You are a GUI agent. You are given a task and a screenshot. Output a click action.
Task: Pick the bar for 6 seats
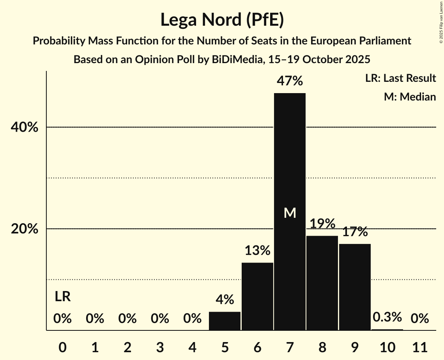257,296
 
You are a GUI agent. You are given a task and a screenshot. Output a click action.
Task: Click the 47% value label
290,81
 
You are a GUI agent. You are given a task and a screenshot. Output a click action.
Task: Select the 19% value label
322,224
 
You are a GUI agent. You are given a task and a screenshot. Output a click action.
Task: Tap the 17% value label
355,232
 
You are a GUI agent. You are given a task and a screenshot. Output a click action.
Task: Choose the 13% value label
257,250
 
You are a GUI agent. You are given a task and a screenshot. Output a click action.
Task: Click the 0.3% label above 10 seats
387,317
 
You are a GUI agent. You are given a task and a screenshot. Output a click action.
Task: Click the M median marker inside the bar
290,213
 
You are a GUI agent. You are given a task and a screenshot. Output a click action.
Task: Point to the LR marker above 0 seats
62,297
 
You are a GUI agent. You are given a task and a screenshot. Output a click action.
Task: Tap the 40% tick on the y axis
25,127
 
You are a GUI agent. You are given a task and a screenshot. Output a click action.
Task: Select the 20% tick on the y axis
25,229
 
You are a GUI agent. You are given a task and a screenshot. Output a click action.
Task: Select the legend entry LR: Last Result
400,78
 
